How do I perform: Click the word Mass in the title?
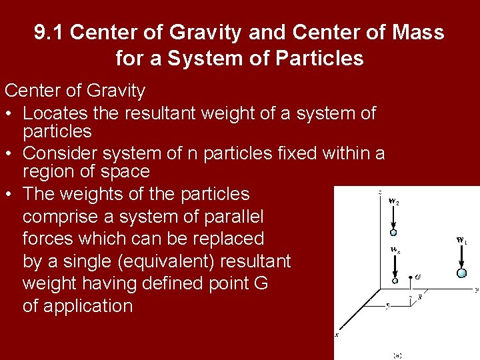(418, 32)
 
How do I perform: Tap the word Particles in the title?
(321, 59)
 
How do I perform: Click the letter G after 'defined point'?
(261, 283)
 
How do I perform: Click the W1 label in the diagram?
(461, 240)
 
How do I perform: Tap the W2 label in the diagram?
(394, 201)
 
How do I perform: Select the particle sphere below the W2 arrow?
(393, 232)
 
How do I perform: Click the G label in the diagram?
(417, 277)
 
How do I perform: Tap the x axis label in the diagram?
(336, 335)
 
